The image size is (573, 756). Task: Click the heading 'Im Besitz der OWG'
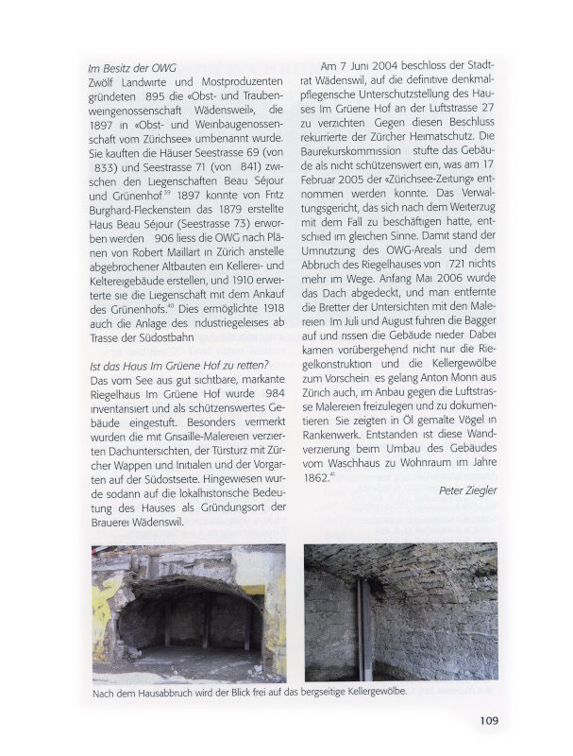[132, 68]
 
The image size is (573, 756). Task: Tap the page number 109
[488, 720]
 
